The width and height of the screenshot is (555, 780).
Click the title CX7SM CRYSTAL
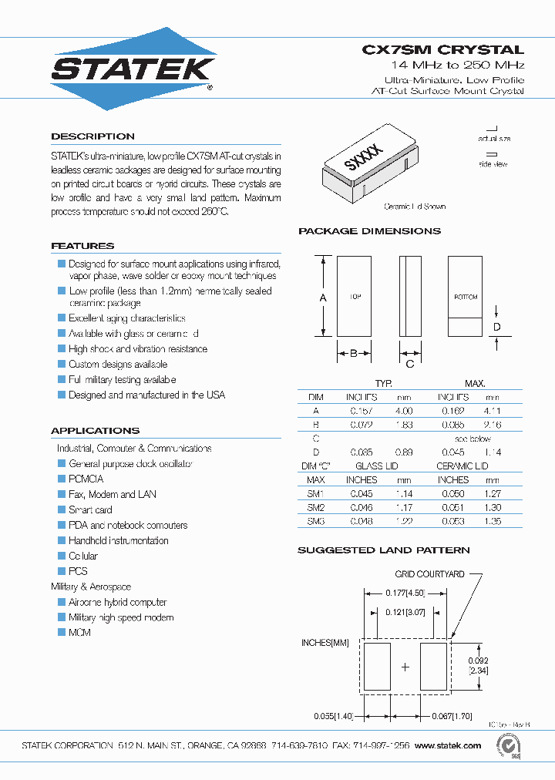442,49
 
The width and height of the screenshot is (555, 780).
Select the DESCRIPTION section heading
92,136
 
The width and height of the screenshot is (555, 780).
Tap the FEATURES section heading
82,246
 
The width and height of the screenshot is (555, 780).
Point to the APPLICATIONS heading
95,431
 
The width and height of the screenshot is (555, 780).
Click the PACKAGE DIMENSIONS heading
369,231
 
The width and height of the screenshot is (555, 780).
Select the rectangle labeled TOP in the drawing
354,296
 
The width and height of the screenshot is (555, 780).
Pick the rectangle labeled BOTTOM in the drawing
465,296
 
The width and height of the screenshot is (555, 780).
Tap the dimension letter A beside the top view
323,298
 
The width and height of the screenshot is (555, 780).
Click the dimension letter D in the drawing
497,327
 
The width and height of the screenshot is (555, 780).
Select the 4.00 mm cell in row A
404,411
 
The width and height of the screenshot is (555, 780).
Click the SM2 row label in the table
316,507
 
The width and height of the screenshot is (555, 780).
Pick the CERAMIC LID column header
462,466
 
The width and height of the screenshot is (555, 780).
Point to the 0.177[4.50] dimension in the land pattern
405,593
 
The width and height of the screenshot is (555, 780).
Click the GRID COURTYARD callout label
429,574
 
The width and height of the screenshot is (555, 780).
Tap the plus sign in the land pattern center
405,667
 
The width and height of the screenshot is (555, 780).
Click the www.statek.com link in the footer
448,745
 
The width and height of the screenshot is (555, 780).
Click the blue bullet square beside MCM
62,632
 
